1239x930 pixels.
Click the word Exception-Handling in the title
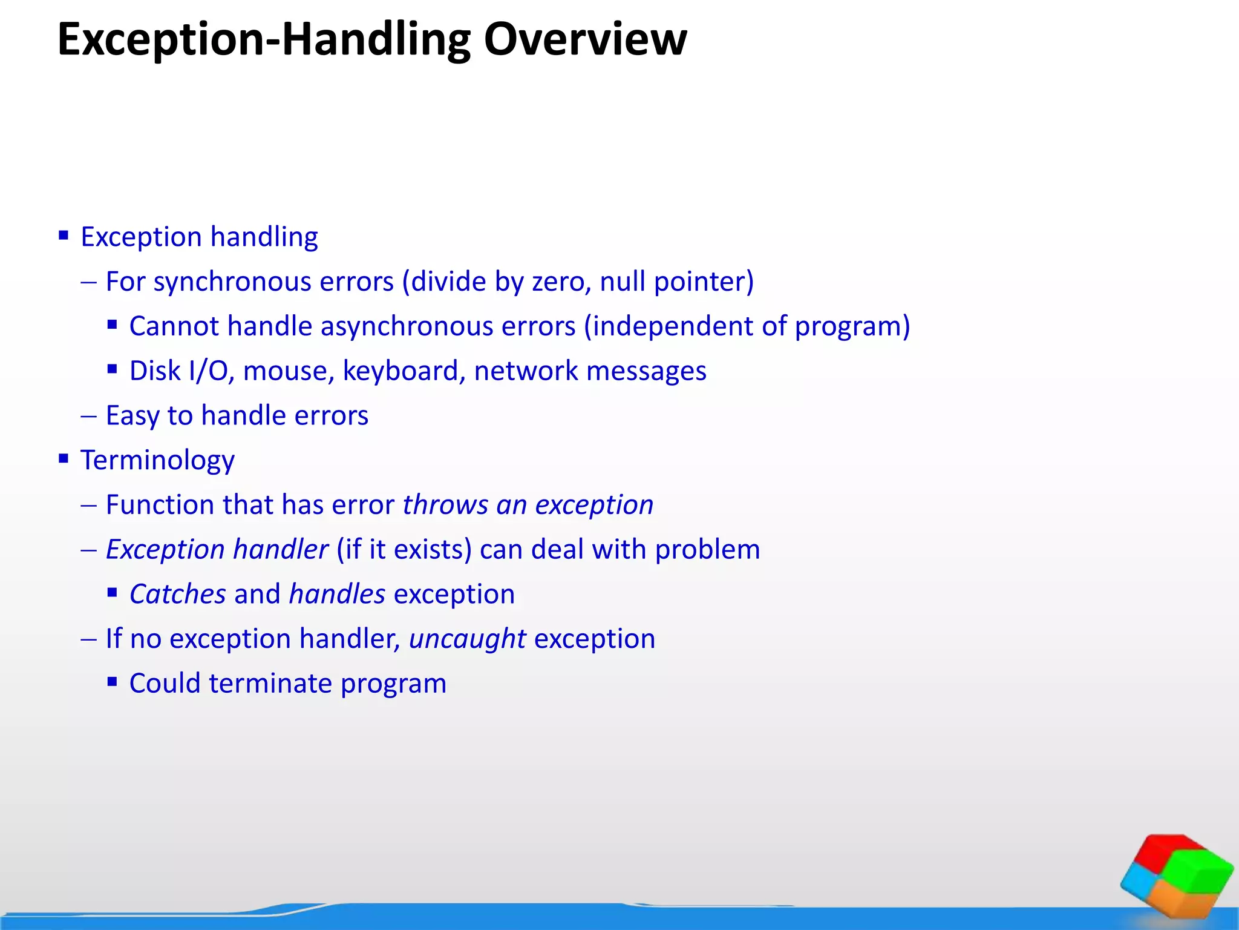click(x=263, y=39)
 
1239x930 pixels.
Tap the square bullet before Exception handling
click(x=64, y=235)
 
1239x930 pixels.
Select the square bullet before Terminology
click(x=64, y=458)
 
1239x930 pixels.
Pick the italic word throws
click(x=445, y=505)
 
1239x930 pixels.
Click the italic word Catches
click(x=178, y=595)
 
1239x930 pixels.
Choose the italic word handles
click(x=337, y=595)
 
